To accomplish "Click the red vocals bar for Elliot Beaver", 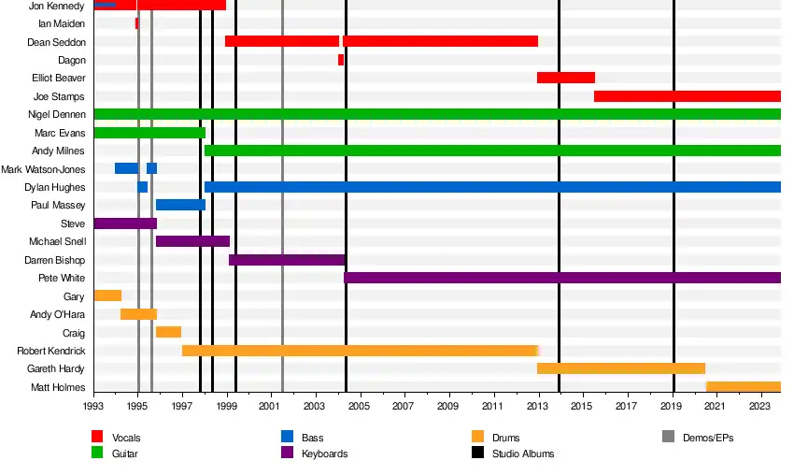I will (x=565, y=78).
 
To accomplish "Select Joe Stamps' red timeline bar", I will (x=687, y=96).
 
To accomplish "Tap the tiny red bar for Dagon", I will (x=341, y=60).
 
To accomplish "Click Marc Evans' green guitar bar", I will (x=149, y=133).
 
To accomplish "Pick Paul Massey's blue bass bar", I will (x=180, y=205).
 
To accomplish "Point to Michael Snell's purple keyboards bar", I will (x=192, y=241).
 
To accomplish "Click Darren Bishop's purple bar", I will (x=287, y=260).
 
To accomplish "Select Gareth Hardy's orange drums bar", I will (x=620, y=368).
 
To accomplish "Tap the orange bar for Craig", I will (x=168, y=332).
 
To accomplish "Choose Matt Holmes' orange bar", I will (x=743, y=387).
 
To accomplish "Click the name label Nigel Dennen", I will (x=57, y=115).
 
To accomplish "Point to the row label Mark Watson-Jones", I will (x=43, y=169).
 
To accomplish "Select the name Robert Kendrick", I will (x=51, y=351).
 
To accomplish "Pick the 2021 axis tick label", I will (x=715, y=407).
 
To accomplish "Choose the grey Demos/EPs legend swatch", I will (x=668, y=437).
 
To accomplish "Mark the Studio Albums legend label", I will (x=523, y=453).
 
